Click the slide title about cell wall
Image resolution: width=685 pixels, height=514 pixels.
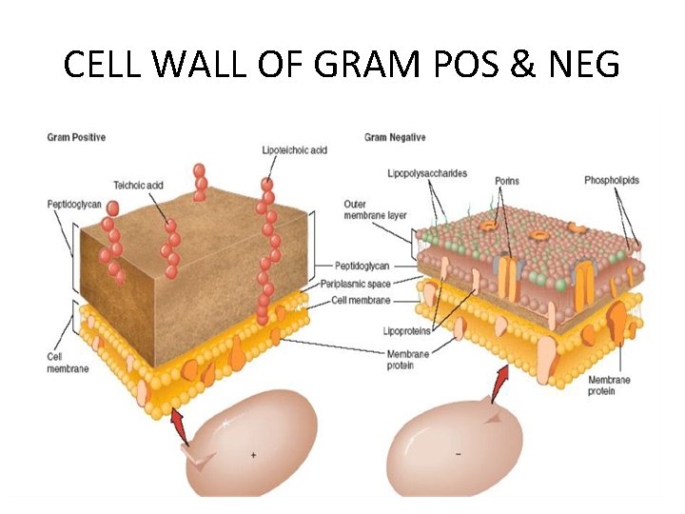[x=342, y=65]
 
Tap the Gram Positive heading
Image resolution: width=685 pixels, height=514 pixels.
[x=76, y=138]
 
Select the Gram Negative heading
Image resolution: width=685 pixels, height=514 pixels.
[x=395, y=138]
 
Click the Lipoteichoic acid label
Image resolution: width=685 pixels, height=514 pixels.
[x=294, y=150]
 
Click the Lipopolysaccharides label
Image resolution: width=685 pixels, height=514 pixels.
[x=427, y=173]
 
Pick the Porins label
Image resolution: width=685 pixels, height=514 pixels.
[x=506, y=181]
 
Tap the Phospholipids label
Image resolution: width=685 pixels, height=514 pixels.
[x=612, y=180]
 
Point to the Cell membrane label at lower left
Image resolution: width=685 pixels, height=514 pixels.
[x=68, y=363]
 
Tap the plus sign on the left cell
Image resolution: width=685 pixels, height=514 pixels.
[x=253, y=455]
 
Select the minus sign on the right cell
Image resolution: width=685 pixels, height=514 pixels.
[x=459, y=453]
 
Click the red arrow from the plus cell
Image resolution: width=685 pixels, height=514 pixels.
[x=180, y=425]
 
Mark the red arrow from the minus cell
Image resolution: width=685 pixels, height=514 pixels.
[x=499, y=385]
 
